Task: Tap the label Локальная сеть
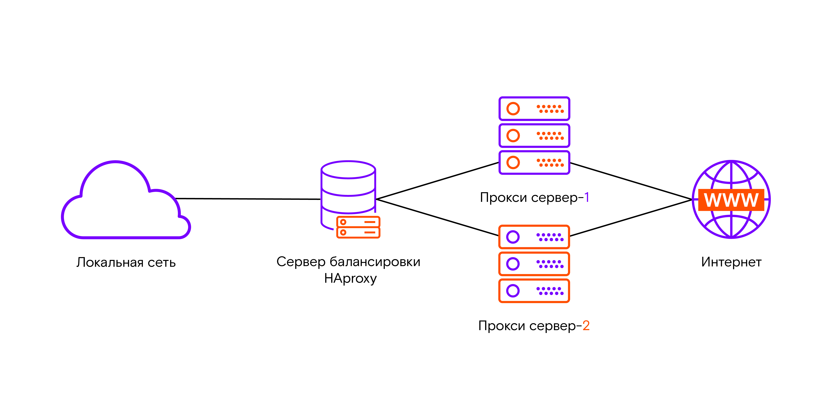point(126,262)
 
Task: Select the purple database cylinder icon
point(348,187)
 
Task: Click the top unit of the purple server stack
point(534,108)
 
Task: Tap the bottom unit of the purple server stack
point(534,162)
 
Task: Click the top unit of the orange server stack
point(534,237)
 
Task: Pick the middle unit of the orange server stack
point(534,264)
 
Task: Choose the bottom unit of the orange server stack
point(534,291)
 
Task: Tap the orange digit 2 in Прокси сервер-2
point(586,326)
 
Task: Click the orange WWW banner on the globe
point(731,200)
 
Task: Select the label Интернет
point(731,262)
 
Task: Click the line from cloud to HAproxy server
point(247,199)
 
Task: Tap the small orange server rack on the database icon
point(358,227)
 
